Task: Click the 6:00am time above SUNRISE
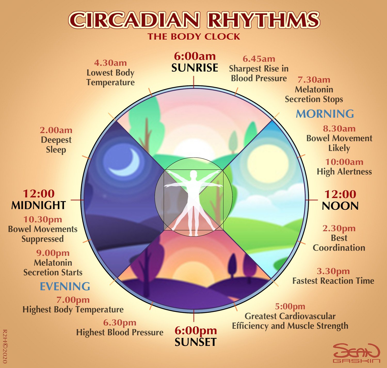point(195,56)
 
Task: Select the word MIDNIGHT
point(39,205)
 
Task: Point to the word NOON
point(340,206)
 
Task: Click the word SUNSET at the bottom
point(195,342)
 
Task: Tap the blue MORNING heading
point(325,114)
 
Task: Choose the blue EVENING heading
point(65,286)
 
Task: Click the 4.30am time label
point(110,63)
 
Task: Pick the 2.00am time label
point(56,130)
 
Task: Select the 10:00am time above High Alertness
point(344,162)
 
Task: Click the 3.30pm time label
point(333,271)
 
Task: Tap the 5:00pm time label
point(290,306)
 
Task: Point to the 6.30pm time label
point(120,323)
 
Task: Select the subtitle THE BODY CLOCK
point(194,37)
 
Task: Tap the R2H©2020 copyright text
point(5,346)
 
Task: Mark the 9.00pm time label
point(53,253)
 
